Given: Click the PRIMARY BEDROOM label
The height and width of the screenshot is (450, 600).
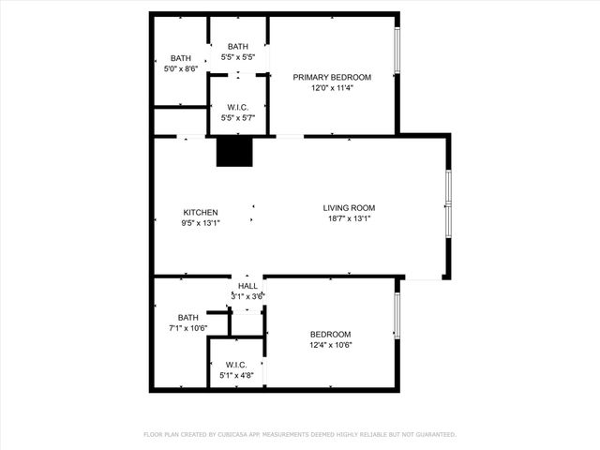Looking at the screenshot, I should [x=332, y=77].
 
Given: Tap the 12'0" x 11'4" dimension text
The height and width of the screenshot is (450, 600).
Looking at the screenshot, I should [x=332, y=88].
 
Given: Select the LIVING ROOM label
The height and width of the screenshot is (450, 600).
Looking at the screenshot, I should [x=349, y=208].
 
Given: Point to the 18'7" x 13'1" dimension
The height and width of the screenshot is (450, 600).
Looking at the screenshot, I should [x=349, y=218].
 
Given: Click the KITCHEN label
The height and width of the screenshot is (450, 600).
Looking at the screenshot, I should [x=201, y=212].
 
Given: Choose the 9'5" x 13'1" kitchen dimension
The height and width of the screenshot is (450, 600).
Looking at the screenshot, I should [x=201, y=223].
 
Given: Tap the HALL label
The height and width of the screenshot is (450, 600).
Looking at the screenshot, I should [x=247, y=286].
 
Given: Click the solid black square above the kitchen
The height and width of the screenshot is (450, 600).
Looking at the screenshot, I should [x=234, y=152].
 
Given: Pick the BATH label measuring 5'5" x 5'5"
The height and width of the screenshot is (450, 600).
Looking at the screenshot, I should [x=238, y=47].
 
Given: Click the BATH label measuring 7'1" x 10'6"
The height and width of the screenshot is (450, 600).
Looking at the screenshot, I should [x=188, y=317].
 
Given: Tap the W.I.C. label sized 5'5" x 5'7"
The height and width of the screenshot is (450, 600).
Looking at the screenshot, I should [x=237, y=107].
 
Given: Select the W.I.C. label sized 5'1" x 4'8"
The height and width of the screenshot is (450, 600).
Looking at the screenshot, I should [x=236, y=365].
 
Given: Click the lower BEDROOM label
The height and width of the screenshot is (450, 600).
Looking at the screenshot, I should [x=330, y=335].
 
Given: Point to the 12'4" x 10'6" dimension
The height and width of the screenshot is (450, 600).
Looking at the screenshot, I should [x=330, y=345].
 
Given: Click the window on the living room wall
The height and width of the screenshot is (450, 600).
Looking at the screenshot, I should [x=448, y=202].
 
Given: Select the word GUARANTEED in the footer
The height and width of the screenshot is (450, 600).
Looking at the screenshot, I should [x=432, y=435].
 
